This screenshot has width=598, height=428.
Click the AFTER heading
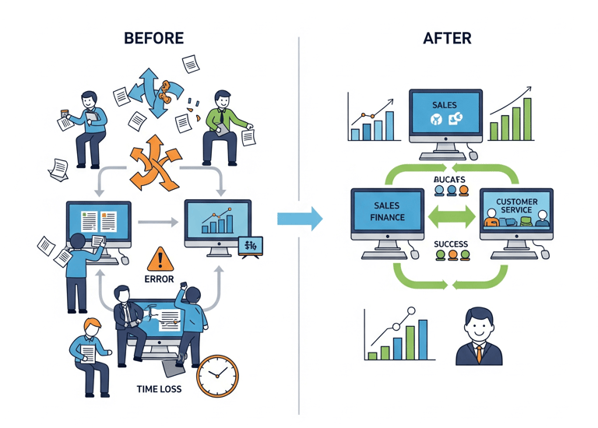(x=446, y=38)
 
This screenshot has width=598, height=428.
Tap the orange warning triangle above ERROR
(x=160, y=258)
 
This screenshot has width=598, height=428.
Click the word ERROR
(x=160, y=279)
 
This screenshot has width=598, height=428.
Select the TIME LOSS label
(x=158, y=388)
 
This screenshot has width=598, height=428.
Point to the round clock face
(x=217, y=376)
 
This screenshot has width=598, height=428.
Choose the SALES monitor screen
(x=446, y=114)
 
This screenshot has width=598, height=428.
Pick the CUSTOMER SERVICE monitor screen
(x=516, y=211)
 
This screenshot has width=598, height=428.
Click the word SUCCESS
(x=451, y=244)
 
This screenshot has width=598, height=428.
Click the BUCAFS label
(x=451, y=180)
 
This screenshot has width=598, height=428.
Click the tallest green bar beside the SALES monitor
(x=527, y=118)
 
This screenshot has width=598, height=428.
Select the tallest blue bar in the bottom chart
(x=422, y=340)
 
